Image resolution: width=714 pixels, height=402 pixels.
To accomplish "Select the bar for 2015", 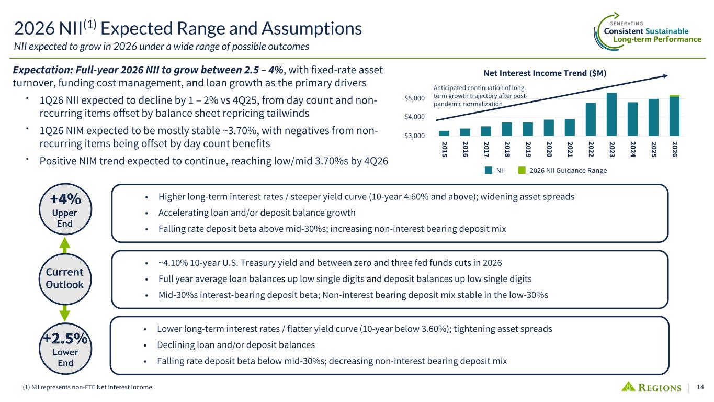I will point(444,133).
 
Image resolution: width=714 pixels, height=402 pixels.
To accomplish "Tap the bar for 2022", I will point(591,119).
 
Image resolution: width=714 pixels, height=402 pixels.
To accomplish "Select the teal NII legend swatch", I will point(488,170).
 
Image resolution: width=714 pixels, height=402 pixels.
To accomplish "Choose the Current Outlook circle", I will point(65,278).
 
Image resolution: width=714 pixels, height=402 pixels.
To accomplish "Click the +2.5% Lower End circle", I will point(65,348).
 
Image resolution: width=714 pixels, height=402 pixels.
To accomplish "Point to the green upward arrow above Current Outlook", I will point(65,244).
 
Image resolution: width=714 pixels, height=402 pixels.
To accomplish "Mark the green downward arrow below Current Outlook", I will point(65,312).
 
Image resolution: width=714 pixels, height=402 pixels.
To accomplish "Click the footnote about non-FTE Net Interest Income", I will point(81,387).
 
